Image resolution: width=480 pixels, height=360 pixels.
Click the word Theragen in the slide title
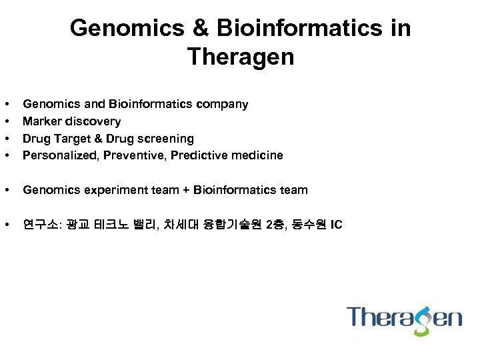(240, 57)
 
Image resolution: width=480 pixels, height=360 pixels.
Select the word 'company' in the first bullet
(222, 104)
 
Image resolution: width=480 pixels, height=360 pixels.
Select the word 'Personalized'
(56, 155)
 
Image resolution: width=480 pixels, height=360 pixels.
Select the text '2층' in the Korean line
(273, 225)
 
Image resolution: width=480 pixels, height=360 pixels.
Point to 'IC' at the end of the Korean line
(335, 225)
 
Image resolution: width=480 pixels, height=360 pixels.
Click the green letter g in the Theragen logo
(421, 319)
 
